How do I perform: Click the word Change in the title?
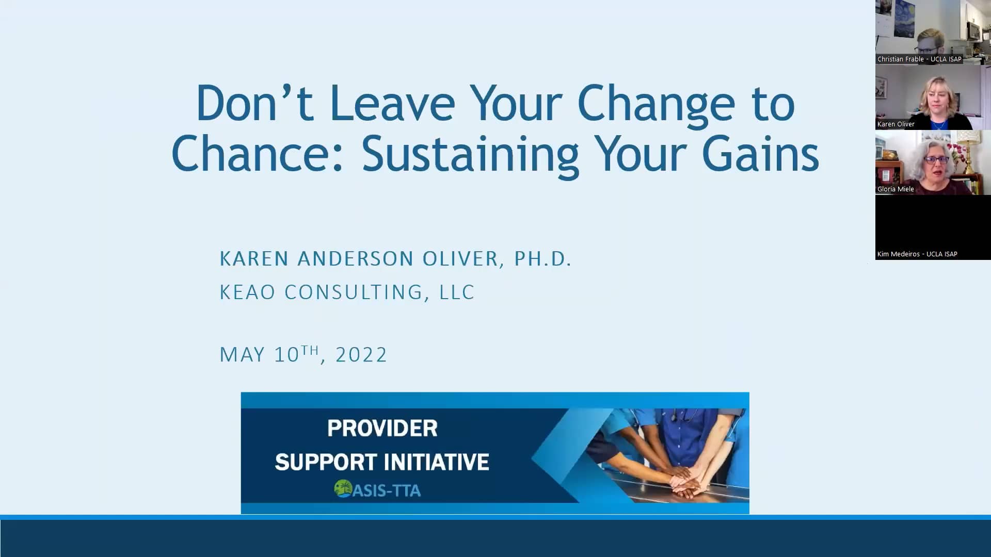(x=656, y=104)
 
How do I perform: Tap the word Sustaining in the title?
(x=470, y=154)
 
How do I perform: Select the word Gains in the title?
(x=760, y=154)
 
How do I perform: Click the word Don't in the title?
(x=254, y=103)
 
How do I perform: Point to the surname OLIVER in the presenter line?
(x=460, y=258)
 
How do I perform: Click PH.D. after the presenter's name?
(x=542, y=258)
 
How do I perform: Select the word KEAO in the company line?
(x=247, y=292)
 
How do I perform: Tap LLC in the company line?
(x=457, y=292)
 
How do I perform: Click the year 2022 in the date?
(x=361, y=355)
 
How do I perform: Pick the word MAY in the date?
(x=242, y=355)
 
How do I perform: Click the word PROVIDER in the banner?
(x=382, y=428)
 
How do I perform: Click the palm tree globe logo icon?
(x=343, y=488)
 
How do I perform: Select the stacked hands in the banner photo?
(x=686, y=482)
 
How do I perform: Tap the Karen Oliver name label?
(x=896, y=124)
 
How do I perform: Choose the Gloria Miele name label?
(x=896, y=189)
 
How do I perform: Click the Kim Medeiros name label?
(x=917, y=254)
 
